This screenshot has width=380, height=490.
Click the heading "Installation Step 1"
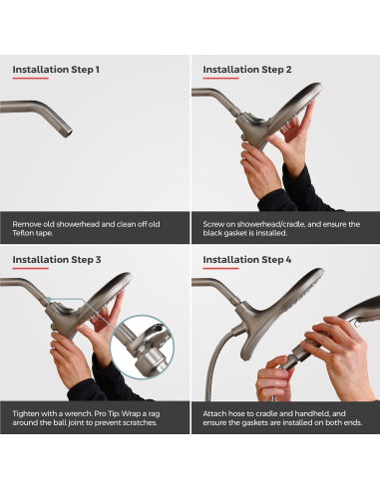[x=56, y=70]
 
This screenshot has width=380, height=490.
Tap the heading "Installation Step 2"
[x=247, y=70]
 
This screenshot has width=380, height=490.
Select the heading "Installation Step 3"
[x=57, y=260]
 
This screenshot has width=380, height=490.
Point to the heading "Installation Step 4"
[x=247, y=260]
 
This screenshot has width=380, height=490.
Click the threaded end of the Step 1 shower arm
[x=68, y=130]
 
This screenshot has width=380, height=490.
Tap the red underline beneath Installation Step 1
[x=31, y=79]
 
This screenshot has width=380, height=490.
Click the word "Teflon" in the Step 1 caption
[x=23, y=233]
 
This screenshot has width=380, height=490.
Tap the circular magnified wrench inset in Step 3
[x=143, y=347]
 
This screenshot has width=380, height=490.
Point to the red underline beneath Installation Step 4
[x=220, y=268]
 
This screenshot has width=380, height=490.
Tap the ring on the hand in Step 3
[x=54, y=349]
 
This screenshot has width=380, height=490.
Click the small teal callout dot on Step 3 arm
[x=49, y=299]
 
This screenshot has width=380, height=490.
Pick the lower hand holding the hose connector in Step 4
[x=273, y=378]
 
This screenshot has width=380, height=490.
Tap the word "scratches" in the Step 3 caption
[x=140, y=423]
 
